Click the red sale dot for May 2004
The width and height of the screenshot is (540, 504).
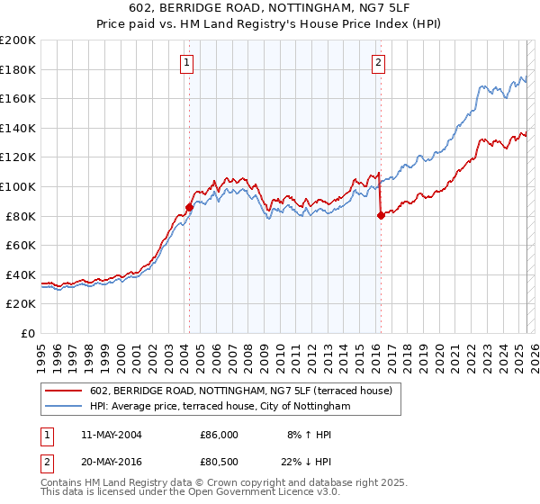189,207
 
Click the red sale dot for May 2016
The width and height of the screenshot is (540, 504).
381,215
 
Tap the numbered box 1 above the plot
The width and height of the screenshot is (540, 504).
186,63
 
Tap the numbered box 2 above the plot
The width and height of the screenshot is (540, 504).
378,63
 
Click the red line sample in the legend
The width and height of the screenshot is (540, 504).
64,391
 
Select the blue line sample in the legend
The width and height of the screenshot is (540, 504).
64,407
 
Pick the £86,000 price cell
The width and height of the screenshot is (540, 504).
219,435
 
